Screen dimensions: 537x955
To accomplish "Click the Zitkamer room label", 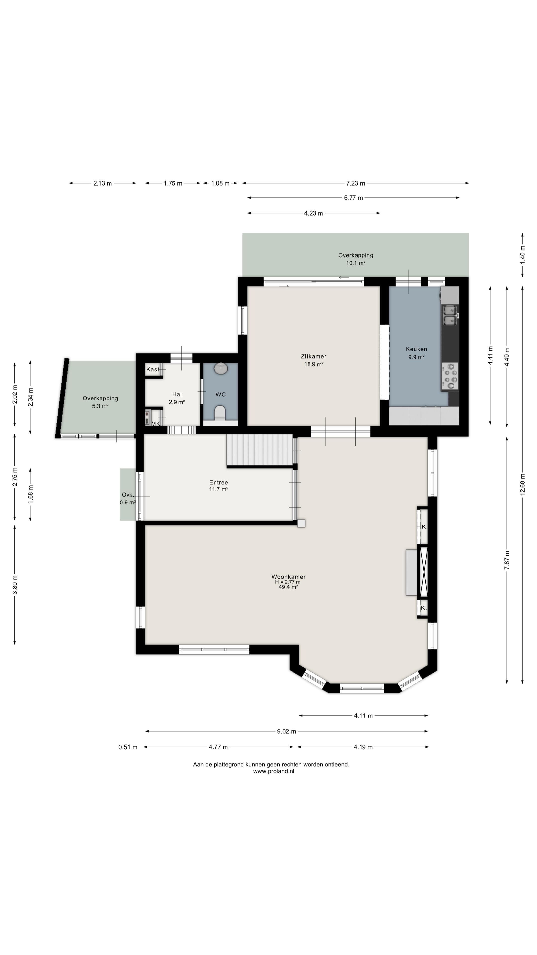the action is [x=313, y=356].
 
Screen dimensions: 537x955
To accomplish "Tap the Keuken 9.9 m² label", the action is [x=416, y=353].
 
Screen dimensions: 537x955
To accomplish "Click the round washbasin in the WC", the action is [x=221, y=368].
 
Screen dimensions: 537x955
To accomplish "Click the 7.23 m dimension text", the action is [x=356, y=183].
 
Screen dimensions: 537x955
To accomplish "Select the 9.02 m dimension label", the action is [x=286, y=731].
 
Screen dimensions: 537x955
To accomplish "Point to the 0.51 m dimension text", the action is [x=128, y=747].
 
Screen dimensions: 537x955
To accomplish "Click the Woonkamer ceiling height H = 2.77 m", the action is [x=288, y=582].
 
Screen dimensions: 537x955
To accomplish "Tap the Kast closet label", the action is [x=153, y=369].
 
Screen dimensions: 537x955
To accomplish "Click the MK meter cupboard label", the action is [x=156, y=423].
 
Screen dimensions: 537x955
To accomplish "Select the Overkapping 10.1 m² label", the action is [x=356, y=259].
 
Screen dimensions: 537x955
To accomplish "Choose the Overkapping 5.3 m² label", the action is [x=100, y=402].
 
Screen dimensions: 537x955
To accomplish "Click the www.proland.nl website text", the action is [x=273, y=771].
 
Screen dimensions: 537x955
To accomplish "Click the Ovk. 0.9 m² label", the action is [x=128, y=499].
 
